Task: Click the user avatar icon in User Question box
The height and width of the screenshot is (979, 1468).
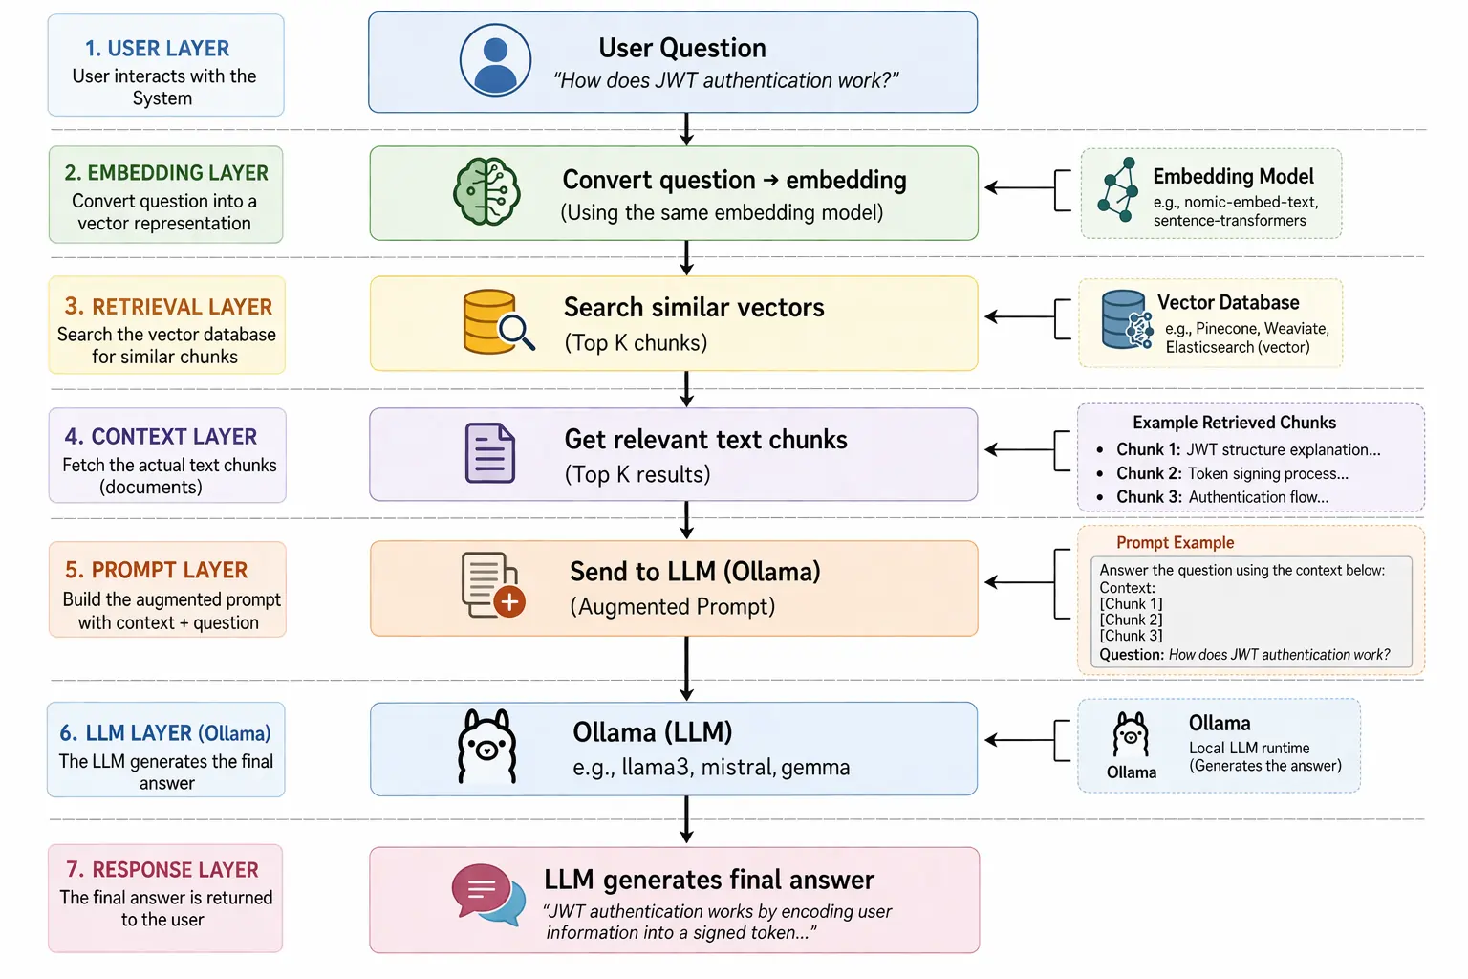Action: (x=495, y=61)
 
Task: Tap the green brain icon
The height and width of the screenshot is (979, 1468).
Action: (x=486, y=192)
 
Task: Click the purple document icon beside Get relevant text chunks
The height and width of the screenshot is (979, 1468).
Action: (x=490, y=453)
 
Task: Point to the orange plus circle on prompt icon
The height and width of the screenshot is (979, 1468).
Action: (x=510, y=601)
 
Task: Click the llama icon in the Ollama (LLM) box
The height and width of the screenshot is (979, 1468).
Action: (x=487, y=747)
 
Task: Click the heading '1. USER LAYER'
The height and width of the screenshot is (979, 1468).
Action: (x=157, y=49)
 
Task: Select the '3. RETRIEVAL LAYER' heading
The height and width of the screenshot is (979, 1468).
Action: (x=168, y=307)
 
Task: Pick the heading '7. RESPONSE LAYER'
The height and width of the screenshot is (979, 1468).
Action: (x=162, y=870)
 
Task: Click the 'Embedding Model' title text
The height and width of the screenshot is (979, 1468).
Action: (x=1233, y=177)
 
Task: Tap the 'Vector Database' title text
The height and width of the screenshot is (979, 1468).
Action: (x=1228, y=303)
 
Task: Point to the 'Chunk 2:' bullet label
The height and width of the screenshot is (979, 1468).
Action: (x=1149, y=473)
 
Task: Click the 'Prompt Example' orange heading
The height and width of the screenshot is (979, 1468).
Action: (x=1175, y=543)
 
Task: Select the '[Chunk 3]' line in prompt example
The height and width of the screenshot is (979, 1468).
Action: (x=1131, y=636)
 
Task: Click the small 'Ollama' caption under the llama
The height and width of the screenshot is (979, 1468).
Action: (x=1131, y=772)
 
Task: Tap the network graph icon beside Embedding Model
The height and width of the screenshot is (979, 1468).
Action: (x=1117, y=190)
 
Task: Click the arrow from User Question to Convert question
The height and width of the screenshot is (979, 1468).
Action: (x=686, y=129)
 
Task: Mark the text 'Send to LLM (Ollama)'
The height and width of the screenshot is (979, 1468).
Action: (x=695, y=572)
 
